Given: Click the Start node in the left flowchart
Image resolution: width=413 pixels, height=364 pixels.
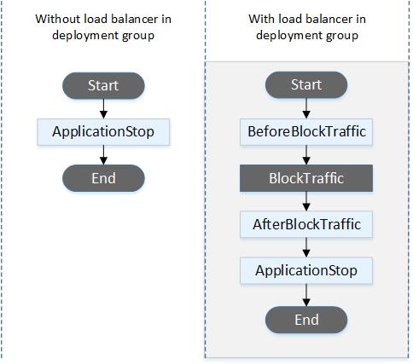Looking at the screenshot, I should pyautogui.click(x=102, y=86).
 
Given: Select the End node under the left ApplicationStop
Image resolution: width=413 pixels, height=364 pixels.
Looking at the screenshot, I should pyautogui.click(x=102, y=178).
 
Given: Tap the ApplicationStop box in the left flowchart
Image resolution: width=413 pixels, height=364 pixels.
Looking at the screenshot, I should pyautogui.click(x=102, y=132).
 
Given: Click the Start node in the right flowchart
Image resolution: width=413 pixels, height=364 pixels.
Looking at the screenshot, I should pyautogui.click(x=306, y=86).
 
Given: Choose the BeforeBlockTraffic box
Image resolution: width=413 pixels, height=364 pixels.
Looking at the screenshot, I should pyautogui.click(x=306, y=132).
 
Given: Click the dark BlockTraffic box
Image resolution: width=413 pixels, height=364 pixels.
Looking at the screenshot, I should pyautogui.click(x=306, y=179).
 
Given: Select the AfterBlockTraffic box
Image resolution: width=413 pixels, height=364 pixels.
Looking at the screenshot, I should pyautogui.click(x=306, y=225).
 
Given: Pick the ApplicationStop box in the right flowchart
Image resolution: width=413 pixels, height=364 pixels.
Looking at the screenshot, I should pyautogui.click(x=306, y=272).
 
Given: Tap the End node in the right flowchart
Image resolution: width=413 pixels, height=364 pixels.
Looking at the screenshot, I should pyautogui.click(x=306, y=320).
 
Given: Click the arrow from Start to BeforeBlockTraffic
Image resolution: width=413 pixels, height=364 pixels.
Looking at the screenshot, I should pyautogui.click(x=306, y=109).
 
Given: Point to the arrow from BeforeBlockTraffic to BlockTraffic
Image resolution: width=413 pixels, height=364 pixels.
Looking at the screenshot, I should pyautogui.click(x=306, y=156).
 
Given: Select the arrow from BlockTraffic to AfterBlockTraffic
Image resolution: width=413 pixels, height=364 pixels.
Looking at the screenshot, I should pyautogui.click(x=306, y=202).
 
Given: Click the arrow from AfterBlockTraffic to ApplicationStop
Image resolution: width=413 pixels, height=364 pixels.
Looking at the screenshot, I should pyautogui.click(x=306, y=249).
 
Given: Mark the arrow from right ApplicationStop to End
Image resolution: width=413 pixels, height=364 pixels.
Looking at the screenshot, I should pyautogui.click(x=306, y=296).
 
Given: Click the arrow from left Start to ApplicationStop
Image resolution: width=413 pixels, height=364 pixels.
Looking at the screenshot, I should pyautogui.click(x=102, y=109).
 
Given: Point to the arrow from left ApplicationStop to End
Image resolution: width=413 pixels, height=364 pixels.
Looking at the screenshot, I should pyautogui.click(x=102, y=155).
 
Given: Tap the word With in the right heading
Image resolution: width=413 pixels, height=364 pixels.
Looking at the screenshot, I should pyautogui.click(x=261, y=18).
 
